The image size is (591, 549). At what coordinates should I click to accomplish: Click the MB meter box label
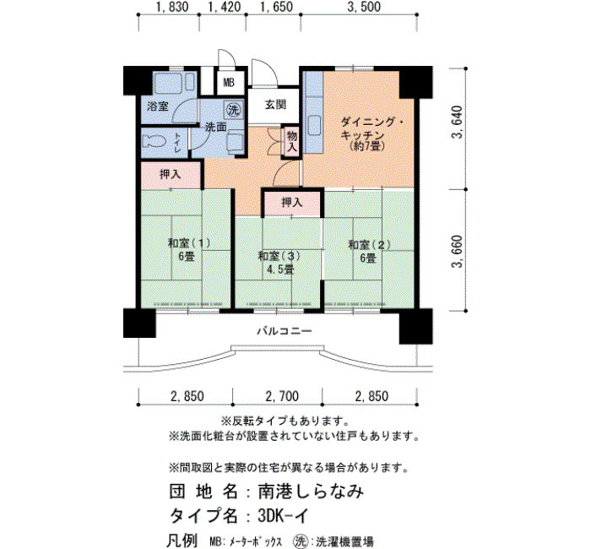[229, 83]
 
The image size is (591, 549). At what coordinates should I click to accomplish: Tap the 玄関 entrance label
[275, 105]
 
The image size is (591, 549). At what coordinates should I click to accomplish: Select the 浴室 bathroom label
[158, 106]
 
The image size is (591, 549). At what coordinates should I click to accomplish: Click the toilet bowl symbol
[155, 141]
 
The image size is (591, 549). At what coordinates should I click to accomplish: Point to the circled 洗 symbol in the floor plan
[233, 110]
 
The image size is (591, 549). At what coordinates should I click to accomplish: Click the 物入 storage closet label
[292, 141]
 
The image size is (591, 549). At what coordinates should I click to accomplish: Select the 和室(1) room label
[189, 243]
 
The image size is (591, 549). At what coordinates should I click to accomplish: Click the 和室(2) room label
[370, 245]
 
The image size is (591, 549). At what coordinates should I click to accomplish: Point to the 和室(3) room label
[279, 257]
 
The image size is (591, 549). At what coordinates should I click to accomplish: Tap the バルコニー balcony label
[285, 331]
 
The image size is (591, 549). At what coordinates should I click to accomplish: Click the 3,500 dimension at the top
[364, 7]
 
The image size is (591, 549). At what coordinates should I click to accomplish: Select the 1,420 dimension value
[225, 7]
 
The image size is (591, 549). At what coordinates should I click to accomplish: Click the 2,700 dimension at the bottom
[282, 396]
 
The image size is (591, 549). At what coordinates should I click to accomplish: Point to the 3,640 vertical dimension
[458, 122]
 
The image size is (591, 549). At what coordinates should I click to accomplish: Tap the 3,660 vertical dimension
[458, 251]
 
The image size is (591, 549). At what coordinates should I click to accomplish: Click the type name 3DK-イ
[283, 515]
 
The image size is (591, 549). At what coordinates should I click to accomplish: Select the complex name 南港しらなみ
[311, 492]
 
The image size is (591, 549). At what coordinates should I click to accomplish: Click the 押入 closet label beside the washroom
[171, 174]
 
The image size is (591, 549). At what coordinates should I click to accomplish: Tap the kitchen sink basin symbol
[314, 124]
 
